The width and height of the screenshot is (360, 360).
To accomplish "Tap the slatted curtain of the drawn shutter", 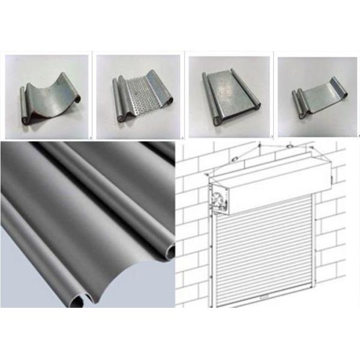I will point(264,252).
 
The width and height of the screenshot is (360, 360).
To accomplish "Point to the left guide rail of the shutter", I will point(215,258).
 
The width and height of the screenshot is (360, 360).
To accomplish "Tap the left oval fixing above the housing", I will point(235,158).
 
